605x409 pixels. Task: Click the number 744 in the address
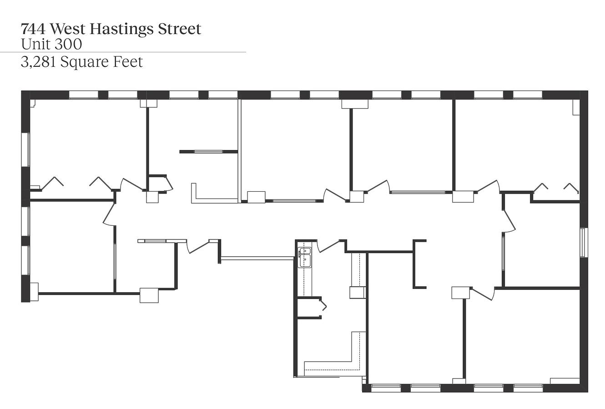33,29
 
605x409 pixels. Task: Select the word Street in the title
179,29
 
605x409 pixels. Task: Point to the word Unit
36,44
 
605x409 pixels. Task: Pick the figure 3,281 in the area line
38,62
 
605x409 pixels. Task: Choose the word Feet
128,62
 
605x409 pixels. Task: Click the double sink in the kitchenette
305,257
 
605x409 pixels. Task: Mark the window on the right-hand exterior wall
584,242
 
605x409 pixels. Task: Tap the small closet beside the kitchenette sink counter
309,308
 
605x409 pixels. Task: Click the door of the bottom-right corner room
484,294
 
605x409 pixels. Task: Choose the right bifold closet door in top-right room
571,188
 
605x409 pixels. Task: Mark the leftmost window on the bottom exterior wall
386,388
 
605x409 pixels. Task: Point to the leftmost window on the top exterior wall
84,95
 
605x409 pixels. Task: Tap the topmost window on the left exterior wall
25,150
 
